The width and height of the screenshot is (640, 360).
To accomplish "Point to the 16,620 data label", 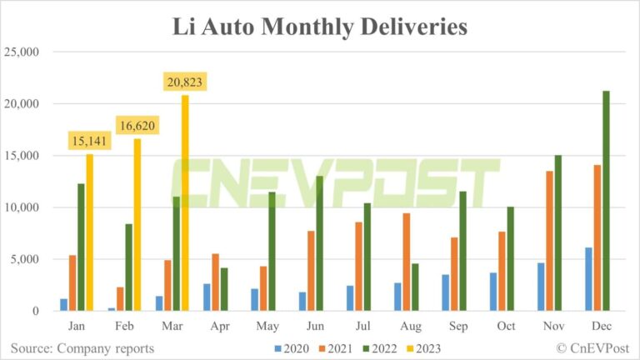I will point(137,126).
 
